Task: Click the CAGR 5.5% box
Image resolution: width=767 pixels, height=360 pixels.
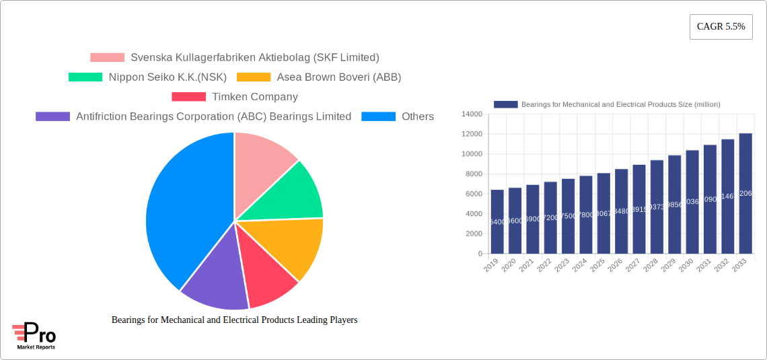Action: tap(721, 27)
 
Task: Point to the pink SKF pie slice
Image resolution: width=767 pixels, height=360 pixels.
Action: tap(262, 161)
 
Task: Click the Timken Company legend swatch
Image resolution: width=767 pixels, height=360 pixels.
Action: tap(188, 97)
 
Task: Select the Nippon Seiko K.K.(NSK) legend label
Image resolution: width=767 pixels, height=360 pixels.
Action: tap(168, 77)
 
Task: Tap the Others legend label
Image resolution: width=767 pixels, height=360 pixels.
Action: tap(418, 116)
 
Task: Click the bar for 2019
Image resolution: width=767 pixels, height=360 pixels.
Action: tap(497, 221)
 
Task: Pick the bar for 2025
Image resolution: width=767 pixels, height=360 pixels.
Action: tap(604, 213)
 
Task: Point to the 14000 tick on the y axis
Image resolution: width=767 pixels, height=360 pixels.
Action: tap(471, 114)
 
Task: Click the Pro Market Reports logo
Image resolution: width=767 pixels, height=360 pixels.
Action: tap(34, 336)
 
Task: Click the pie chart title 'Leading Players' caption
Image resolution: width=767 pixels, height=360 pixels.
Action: tap(234, 320)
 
